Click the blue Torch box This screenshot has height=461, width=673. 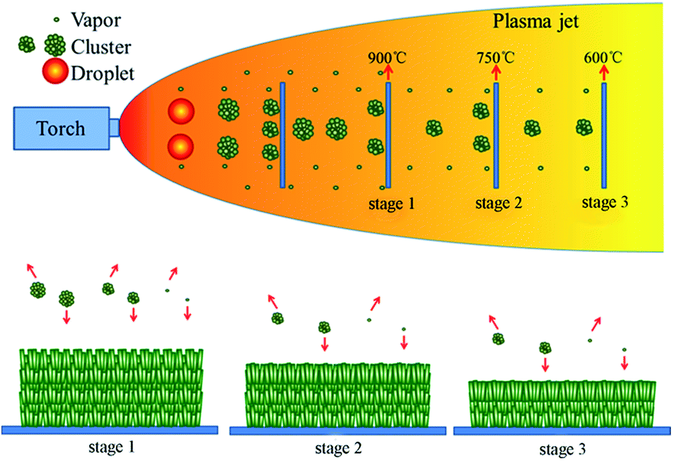coord(61,128)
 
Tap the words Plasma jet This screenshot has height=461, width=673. coord(536,21)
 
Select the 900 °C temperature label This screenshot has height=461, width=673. coord(387,58)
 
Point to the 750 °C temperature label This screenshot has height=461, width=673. coord(495,58)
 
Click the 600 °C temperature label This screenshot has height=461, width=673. coord(603,58)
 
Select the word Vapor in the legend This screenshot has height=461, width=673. coord(96,20)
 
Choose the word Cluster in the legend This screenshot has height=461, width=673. coord(102,47)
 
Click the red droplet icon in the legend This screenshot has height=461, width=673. coord(56,71)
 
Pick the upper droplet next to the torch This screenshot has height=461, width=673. coord(181,111)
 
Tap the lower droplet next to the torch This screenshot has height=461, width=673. coord(181,146)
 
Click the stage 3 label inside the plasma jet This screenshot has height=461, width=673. coord(605,202)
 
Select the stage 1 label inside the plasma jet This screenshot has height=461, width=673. coord(391,203)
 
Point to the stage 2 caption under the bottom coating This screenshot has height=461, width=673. coord(338,449)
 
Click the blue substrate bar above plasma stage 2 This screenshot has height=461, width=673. coord(496,135)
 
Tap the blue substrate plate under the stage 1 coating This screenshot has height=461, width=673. coord(110,430)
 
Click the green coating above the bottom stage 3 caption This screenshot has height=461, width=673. coord(562,404)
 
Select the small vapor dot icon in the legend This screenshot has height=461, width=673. coord(56,20)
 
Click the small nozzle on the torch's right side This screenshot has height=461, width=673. coord(114,128)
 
